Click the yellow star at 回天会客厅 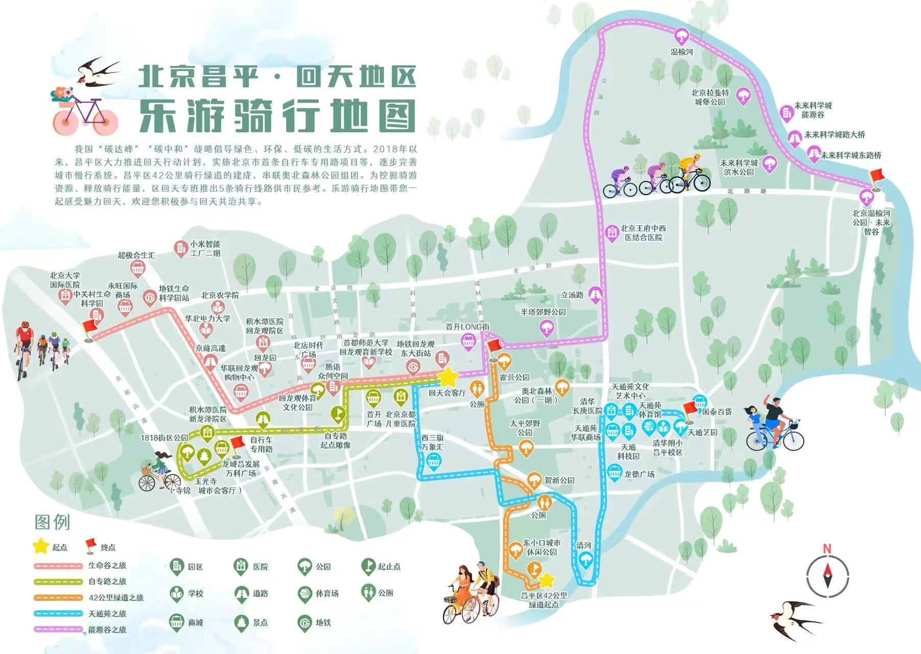tap(448, 378)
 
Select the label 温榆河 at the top tap(681, 52)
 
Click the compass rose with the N tap(827, 572)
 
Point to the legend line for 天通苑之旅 tap(58, 613)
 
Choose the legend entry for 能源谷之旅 tap(107, 629)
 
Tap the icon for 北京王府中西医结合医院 tap(611, 232)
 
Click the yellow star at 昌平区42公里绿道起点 tap(547, 580)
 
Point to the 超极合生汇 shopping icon tap(136, 268)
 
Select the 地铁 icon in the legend tap(304, 622)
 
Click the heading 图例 tap(52, 522)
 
